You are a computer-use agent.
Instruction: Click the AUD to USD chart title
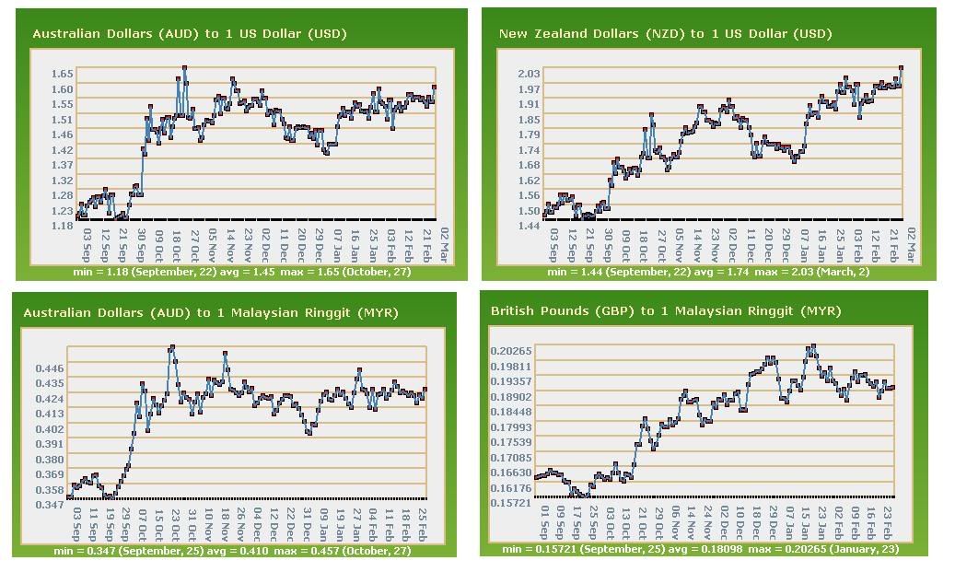[189, 34]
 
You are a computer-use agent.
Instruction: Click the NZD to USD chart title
[665, 34]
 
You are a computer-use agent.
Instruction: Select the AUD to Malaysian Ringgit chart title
[211, 313]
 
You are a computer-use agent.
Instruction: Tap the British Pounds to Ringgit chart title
[665, 311]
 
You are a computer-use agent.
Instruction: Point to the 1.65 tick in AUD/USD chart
[63, 74]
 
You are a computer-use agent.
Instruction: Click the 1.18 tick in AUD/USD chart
[63, 226]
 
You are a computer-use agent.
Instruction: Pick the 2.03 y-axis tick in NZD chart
[530, 74]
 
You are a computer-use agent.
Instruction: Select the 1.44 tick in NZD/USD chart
[530, 226]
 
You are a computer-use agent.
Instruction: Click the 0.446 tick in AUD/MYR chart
[51, 368]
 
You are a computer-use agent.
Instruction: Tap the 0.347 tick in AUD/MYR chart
[51, 505]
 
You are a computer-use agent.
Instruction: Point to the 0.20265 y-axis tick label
[511, 351]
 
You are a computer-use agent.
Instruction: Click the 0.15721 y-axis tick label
[511, 503]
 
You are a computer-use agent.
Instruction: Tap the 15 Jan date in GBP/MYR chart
[806, 523]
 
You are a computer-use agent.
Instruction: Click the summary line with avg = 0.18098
[700, 549]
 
